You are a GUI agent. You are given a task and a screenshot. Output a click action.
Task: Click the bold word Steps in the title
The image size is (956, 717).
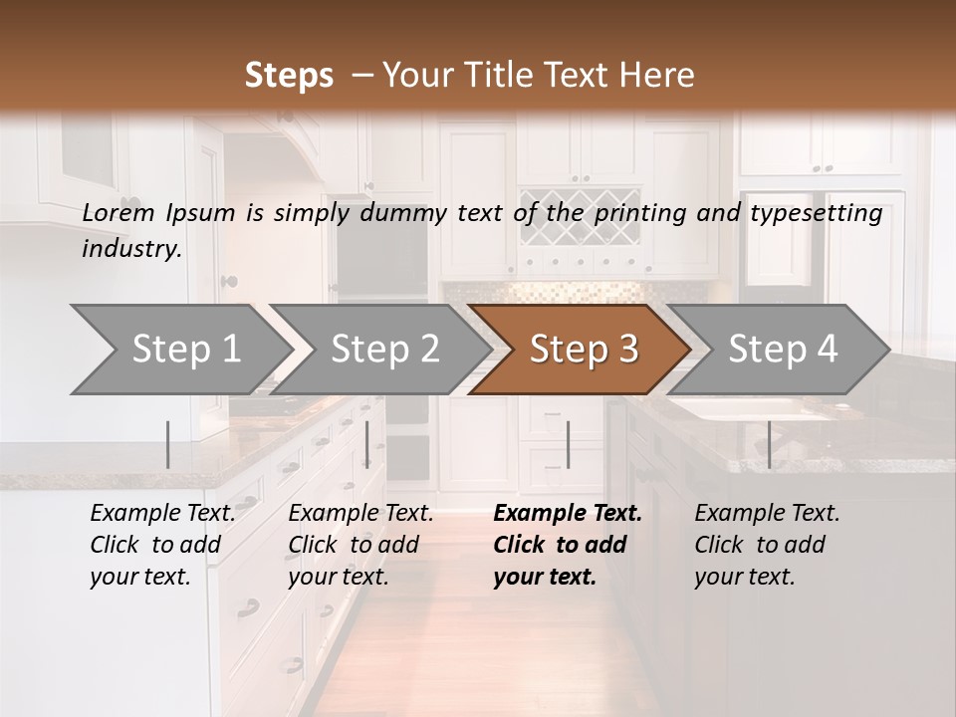click(289, 76)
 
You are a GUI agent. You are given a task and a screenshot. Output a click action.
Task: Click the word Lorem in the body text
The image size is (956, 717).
click(119, 212)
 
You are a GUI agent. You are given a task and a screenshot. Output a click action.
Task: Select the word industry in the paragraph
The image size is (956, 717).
click(131, 249)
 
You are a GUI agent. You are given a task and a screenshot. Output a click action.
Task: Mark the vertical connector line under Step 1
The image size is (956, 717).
click(168, 444)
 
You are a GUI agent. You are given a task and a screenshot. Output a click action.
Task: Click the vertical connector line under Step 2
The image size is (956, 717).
click(367, 444)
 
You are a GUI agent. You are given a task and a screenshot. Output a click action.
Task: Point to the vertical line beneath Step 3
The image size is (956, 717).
click(568, 444)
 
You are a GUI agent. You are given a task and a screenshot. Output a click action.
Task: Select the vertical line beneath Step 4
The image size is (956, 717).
click(769, 444)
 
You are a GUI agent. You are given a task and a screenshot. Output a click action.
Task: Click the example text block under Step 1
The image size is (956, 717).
click(162, 545)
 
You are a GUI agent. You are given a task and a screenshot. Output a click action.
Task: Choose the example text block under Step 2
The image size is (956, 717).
click(360, 545)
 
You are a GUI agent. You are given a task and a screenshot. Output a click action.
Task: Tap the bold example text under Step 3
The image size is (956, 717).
click(568, 545)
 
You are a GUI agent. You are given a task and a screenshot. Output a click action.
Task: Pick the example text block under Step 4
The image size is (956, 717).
click(767, 545)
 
